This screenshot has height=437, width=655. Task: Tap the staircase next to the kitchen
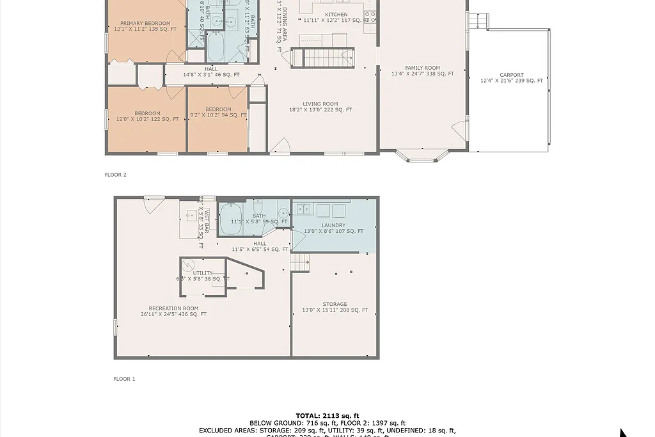pos(327,59)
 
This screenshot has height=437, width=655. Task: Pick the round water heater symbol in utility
pos(187,265)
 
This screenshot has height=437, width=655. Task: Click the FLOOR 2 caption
pos(116,175)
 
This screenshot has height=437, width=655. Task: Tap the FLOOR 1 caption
pos(124,379)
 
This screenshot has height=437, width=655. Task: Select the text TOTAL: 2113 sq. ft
pos(327,416)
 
